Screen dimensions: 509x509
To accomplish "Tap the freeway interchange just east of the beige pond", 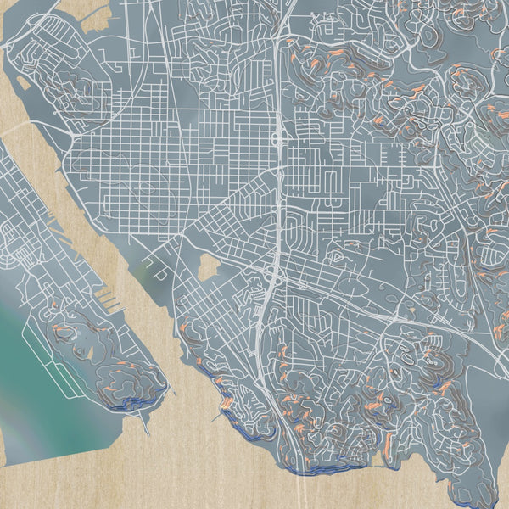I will pos(273,277).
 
